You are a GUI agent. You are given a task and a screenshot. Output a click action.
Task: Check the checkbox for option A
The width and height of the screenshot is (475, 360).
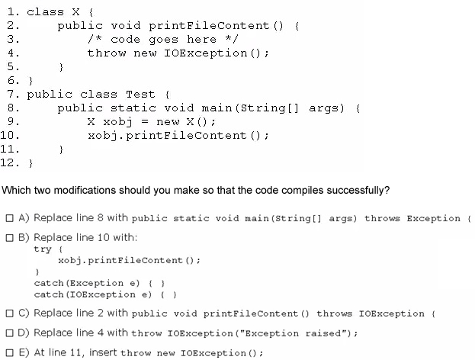pos(10,218)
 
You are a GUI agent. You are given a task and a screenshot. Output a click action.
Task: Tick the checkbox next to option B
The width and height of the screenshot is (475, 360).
pos(10,237)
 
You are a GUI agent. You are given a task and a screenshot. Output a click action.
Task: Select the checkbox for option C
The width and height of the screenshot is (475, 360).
pos(10,313)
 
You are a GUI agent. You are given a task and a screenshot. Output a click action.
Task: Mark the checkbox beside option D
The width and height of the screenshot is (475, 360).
pos(10,333)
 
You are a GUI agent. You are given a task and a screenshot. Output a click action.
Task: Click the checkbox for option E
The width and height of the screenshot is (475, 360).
pos(10,352)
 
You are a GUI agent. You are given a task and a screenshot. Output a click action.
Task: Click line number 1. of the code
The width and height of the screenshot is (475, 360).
pos(13,12)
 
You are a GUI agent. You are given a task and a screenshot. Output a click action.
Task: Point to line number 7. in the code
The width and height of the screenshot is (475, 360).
pos(13,95)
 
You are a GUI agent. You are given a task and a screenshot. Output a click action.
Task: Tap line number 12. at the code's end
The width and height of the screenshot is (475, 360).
pos(10,163)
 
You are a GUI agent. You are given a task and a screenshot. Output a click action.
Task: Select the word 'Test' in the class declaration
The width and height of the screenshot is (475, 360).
pos(140,95)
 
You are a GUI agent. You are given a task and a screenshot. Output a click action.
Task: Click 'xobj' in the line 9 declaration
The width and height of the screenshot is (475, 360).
pos(117,122)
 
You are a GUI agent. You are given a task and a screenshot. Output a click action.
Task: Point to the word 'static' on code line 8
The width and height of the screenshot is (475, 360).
pos(133,108)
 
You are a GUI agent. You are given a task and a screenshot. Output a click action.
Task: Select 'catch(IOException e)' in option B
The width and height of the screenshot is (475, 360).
pos(93,294)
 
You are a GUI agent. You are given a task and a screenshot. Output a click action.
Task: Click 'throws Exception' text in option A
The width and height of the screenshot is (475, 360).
pos(412,218)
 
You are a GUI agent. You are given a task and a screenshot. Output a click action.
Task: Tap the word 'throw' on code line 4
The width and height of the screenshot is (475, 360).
pos(107,53)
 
